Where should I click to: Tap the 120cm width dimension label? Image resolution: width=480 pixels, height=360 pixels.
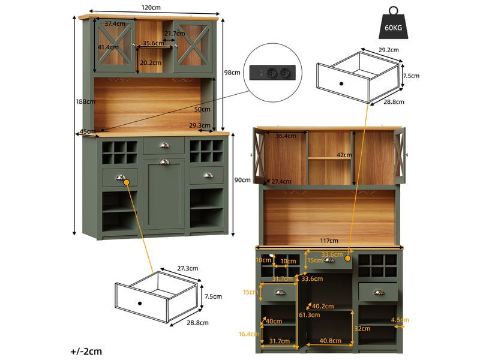pos(151,7)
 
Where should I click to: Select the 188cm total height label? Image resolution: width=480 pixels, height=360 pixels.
pos(85,101)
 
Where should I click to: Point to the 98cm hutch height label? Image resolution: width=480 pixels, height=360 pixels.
pos(232,73)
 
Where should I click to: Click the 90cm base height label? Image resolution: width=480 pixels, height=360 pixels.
pos(242,180)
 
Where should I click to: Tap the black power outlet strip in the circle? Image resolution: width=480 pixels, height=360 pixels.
pos(272,73)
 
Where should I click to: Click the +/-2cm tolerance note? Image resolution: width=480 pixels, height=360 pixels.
pos(86,352)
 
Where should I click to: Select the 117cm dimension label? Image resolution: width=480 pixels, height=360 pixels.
pos(329,241)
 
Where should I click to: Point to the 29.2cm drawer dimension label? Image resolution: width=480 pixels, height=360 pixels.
pos(389,50)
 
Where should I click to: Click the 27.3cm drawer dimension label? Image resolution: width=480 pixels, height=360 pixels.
pos(188,268)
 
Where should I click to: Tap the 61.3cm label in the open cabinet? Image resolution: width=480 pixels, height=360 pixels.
pos(310,315)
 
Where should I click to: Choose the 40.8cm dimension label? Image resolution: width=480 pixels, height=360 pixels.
pos(331,341)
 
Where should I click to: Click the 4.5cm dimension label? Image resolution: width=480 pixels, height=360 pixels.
pos(400,320)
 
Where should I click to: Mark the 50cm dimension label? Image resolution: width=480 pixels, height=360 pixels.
pos(202,109)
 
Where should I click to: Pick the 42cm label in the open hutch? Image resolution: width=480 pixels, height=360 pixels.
pos(344,155)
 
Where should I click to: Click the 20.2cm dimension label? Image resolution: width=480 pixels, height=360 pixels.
pos(151,63)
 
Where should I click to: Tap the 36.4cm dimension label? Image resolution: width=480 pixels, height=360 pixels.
pos(286,136)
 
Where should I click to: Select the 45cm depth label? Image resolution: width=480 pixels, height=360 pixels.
pos(88,131)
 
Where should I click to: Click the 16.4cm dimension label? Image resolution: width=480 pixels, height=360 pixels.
pos(249,334)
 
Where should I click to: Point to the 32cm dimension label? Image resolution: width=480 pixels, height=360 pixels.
pos(362,329)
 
